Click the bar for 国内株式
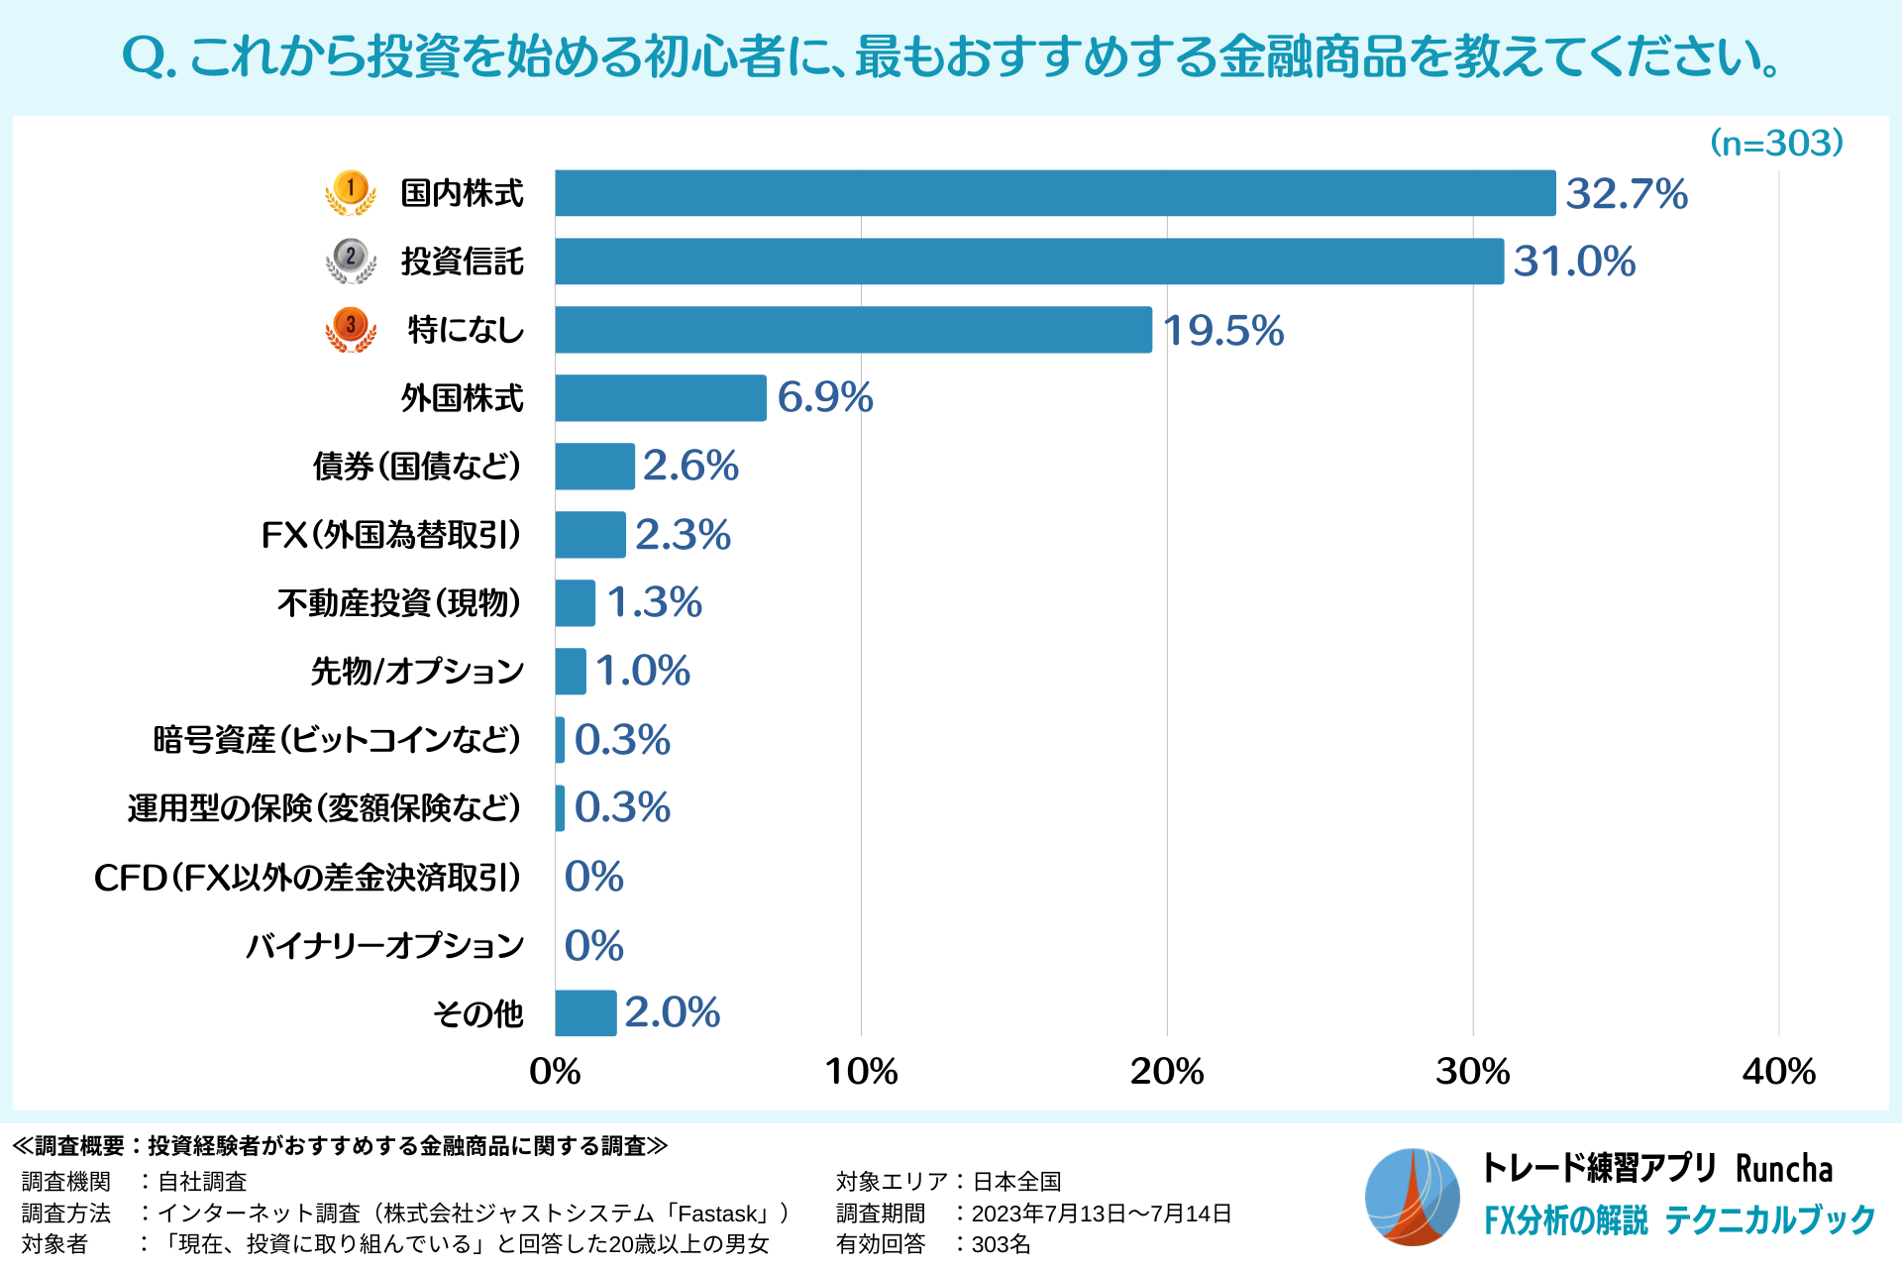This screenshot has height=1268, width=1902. [1055, 193]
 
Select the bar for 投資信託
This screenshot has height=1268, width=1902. [1029, 262]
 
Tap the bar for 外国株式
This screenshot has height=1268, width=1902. [661, 398]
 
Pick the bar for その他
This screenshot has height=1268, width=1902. [585, 1013]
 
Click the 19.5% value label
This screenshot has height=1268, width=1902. [1222, 331]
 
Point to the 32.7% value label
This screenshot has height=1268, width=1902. [1627, 194]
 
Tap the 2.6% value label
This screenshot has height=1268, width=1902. [690, 466]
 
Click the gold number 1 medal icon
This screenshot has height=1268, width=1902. [351, 191]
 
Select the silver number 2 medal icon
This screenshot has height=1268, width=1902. [351, 260]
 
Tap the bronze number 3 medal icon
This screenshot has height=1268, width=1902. [351, 328]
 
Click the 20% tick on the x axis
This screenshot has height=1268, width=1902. [1167, 1072]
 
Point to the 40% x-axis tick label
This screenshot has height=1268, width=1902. [1778, 1072]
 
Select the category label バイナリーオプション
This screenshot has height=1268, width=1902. [384, 946]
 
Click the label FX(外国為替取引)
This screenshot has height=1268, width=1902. [391, 535]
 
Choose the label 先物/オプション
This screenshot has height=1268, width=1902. [417, 672]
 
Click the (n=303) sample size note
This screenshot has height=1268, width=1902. [1777, 144]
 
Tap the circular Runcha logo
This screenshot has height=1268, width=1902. [1412, 1197]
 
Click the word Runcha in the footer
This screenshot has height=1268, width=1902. [1784, 1169]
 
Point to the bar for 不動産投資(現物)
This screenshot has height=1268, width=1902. [575, 603]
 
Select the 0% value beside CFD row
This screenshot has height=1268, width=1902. [593, 877]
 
